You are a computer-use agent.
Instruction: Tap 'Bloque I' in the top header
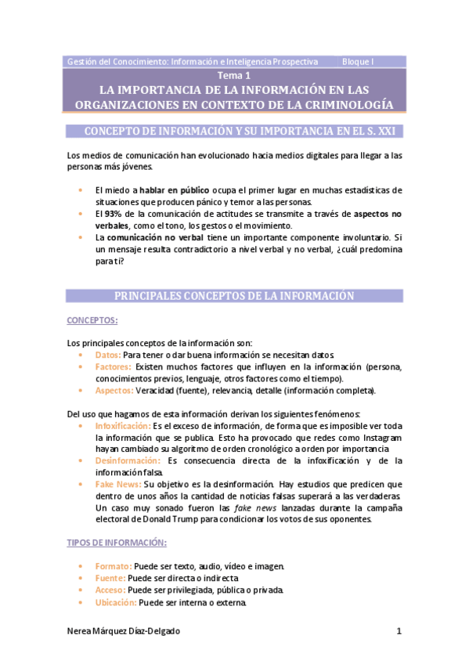[x=359, y=61]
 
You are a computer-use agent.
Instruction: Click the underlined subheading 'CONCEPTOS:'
[x=92, y=321]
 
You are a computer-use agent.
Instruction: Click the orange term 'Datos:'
[x=107, y=355]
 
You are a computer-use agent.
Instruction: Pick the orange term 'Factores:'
[x=113, y=366]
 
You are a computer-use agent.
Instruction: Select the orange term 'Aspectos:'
[x=114, y=390]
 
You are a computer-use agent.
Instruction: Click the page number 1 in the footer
[x=399, y=632]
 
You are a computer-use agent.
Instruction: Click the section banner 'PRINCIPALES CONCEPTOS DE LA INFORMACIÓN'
[x=234, y=296]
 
